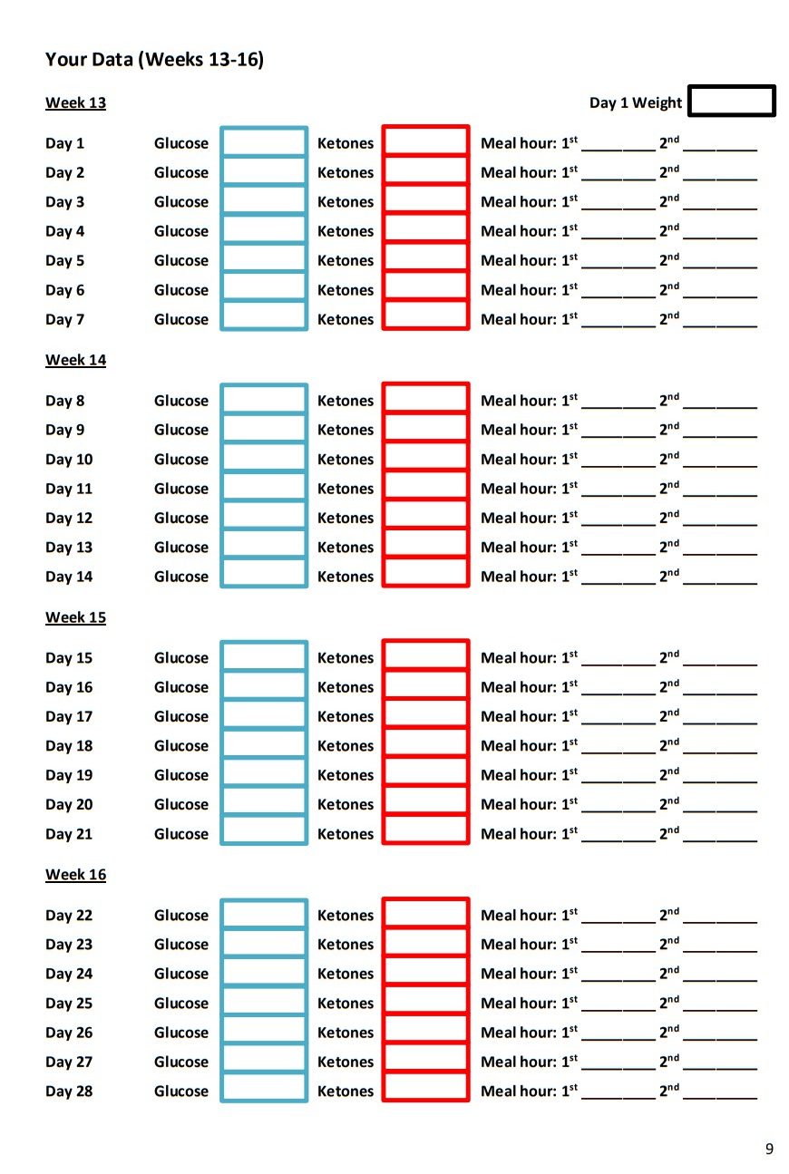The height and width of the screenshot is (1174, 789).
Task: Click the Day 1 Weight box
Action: tap(731, 101)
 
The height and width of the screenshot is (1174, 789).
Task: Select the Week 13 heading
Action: tap(75, 102)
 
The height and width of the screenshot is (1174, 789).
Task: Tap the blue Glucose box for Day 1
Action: tap(264, 142)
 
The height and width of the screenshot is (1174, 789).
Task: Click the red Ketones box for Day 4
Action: tap(425, 230)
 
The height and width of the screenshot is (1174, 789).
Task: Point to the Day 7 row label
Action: tap(64, 319)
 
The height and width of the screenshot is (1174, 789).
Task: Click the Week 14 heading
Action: tap(75, 360)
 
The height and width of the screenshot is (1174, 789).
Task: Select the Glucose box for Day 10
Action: tap(264, 459)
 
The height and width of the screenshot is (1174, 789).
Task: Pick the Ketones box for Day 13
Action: tap(425, 547)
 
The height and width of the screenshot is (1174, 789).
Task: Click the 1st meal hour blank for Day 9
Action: tap(618, 432)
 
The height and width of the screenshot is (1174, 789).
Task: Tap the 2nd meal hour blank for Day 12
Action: tap(719, 519)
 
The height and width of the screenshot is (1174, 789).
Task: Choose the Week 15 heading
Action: tap(75, 617)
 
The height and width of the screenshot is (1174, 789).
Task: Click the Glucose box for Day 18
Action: tap(264, 745)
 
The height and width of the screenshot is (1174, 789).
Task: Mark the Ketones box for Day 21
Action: tap(425, 832)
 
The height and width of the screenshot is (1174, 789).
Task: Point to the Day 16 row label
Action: tap(69, 687)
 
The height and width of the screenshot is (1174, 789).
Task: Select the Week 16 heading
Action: tap(75, 875)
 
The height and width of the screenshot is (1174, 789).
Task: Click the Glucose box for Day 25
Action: tap(264, 1003)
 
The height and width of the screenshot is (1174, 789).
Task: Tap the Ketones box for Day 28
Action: tap(425, 1090)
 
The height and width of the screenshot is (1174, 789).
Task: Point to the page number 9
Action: tap(769, 1150)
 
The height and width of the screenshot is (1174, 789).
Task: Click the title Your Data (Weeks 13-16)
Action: tap(154, 60)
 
